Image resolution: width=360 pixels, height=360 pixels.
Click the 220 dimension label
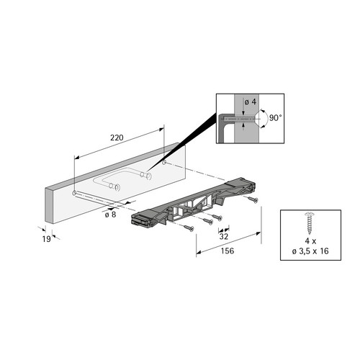pos(117,138)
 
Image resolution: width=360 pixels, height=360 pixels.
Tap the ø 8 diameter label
pos(110,215)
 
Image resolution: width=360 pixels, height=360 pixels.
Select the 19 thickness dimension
pos(47,239)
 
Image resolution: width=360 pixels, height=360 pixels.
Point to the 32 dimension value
pos(224,237)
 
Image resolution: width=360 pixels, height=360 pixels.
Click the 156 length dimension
pos(228,251)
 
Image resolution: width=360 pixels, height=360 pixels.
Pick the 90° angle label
pos(275,118)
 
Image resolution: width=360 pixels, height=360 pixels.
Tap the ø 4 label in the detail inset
pos(251,102)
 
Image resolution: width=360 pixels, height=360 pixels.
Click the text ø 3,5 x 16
pos(310,251)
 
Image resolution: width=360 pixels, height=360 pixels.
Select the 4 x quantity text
pos(310,240)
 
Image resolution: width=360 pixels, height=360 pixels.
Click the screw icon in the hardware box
pos(310,223)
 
